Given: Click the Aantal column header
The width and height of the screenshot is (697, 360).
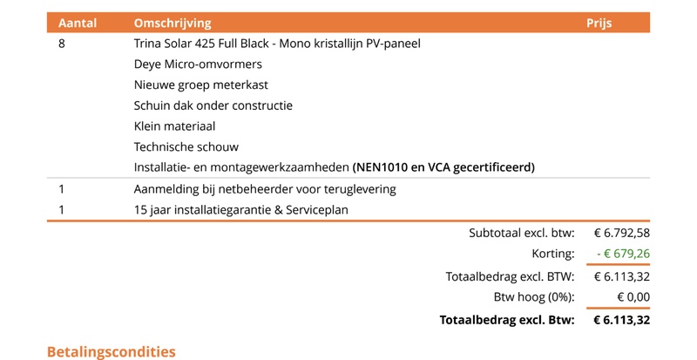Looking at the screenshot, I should coord(76,23).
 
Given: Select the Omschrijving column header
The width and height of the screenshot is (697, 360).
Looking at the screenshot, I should coord(173,23).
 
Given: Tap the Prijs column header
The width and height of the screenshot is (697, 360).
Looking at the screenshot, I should coord(599,23).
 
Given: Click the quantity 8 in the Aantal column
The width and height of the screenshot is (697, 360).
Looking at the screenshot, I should coord(61,44).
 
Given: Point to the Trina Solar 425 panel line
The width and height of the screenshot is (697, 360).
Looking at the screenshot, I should coord(282,44).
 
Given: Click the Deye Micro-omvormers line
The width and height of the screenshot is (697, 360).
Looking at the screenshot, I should coord(198,64).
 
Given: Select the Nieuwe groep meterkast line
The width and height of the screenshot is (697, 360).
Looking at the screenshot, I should coord(201,85).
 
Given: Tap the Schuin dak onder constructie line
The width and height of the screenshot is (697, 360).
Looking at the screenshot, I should coord(213,105).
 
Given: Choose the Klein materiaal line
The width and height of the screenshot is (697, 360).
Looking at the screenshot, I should coord(174,126).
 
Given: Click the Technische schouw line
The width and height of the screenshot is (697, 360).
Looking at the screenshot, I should coord(186,146).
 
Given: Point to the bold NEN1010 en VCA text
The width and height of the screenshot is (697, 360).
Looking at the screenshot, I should coord(444,166).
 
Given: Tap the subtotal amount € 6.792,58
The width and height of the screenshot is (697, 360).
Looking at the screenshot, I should coord(622,233).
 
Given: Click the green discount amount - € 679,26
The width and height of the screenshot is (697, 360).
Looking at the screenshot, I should coord(623,255).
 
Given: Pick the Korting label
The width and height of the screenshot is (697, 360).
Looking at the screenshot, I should coord(555,255).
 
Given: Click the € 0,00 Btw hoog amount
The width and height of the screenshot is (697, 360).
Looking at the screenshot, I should coord(633,297).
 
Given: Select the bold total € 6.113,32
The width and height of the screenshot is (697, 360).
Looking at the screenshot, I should coord(621,320).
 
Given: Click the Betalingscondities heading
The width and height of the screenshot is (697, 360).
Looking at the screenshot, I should coord(111,351).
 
